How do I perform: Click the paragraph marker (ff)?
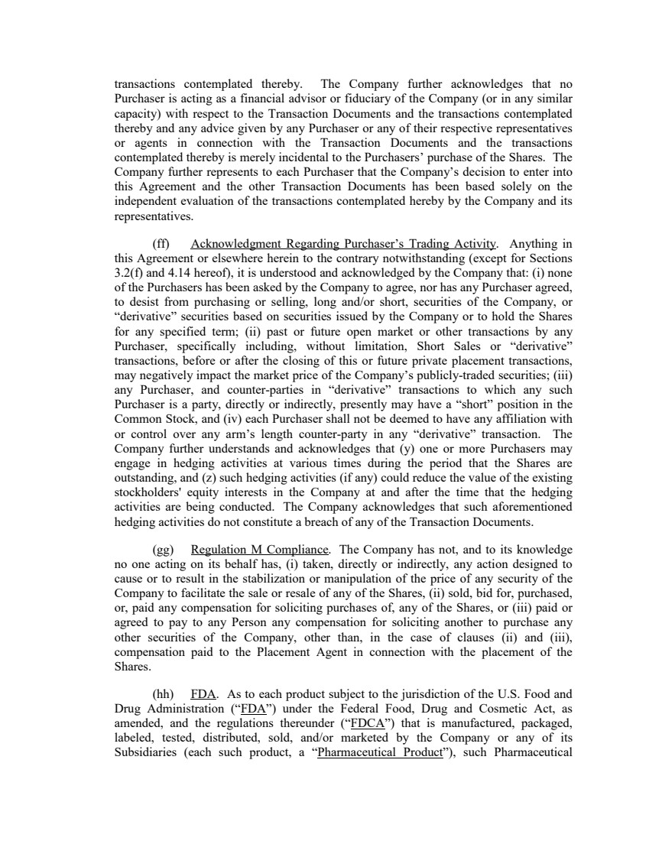161,244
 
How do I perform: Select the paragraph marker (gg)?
162,550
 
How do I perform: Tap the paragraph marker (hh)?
162,695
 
